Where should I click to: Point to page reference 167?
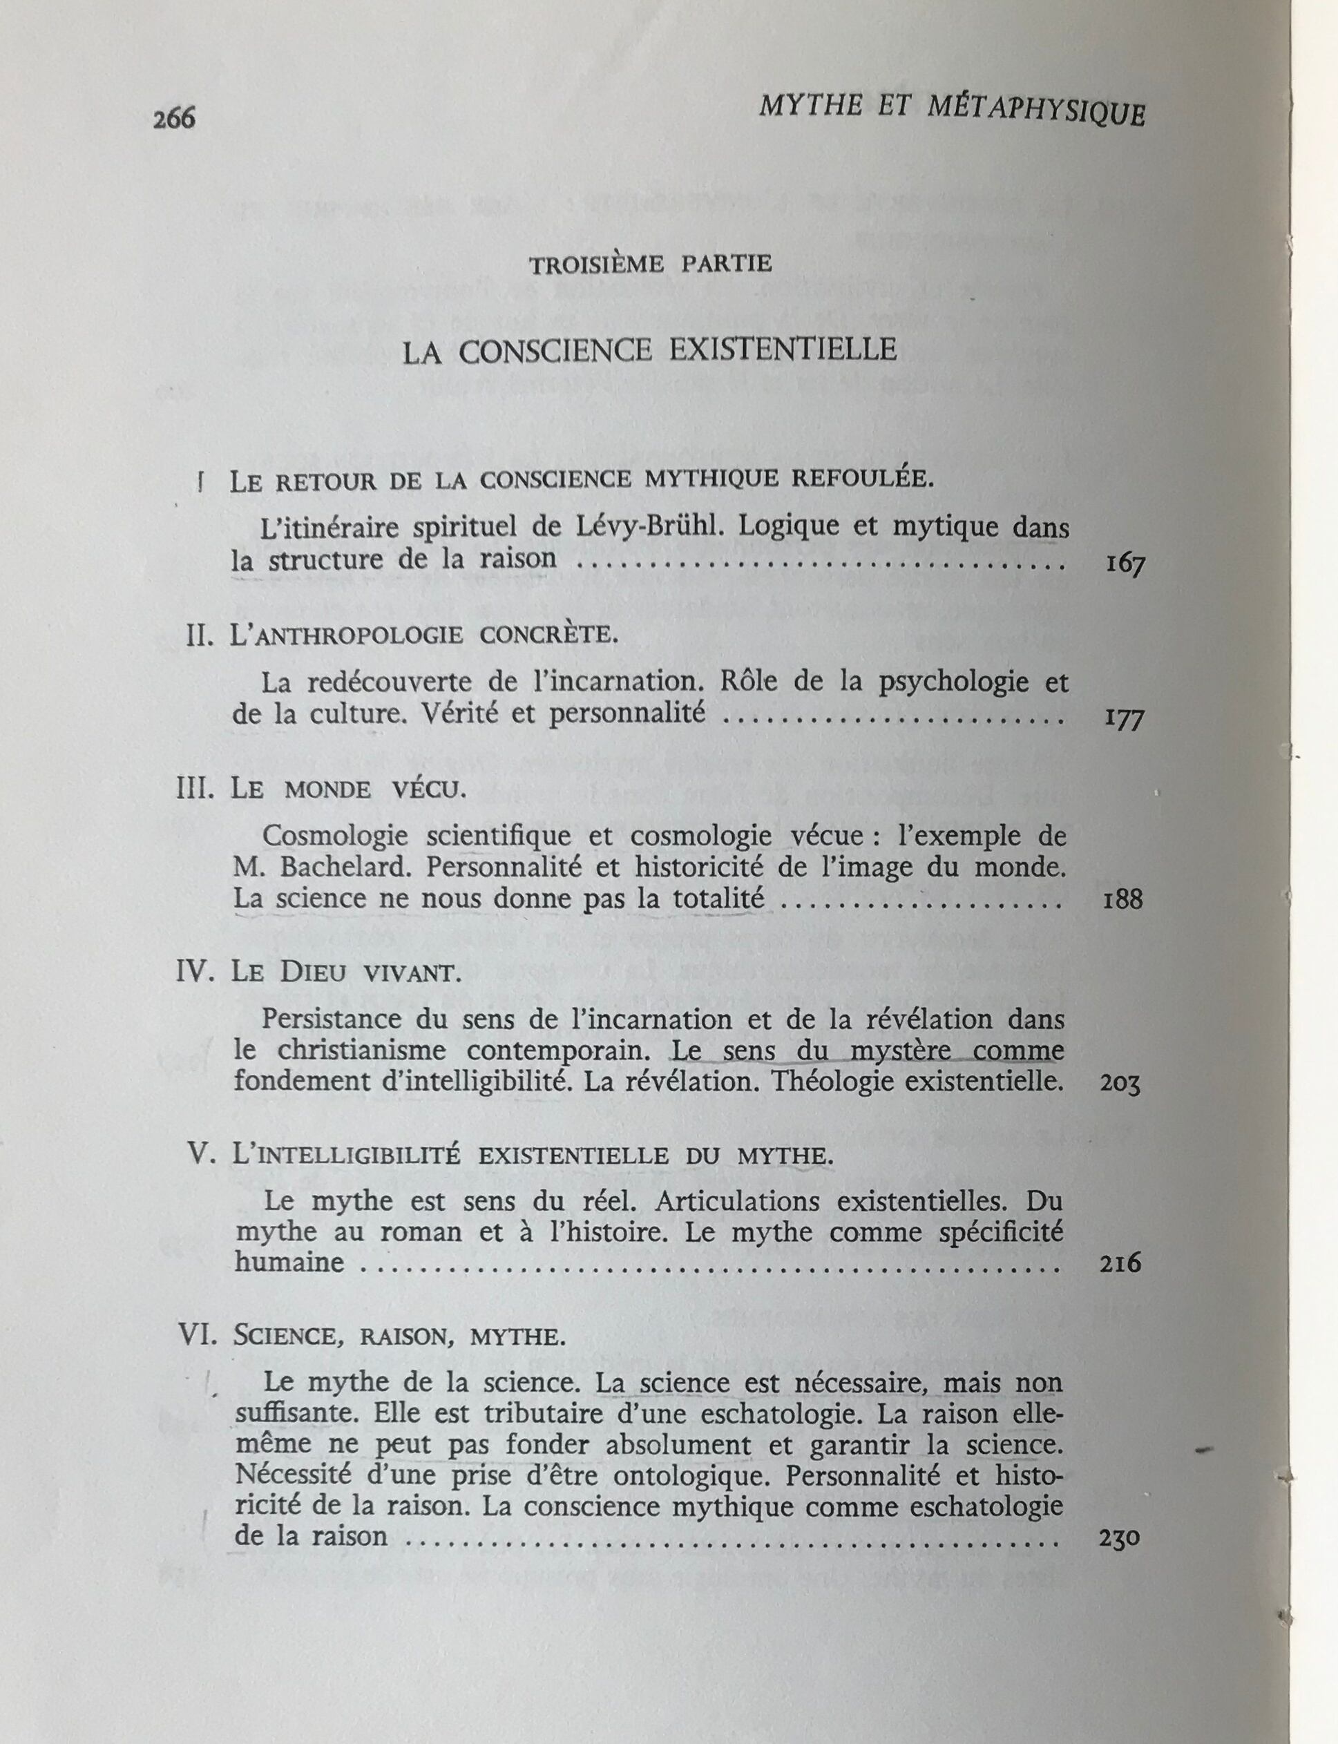(1125, 566)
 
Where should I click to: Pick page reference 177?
(1124, 720)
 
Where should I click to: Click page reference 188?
(1123, 901)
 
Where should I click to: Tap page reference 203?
(1120, 1084)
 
